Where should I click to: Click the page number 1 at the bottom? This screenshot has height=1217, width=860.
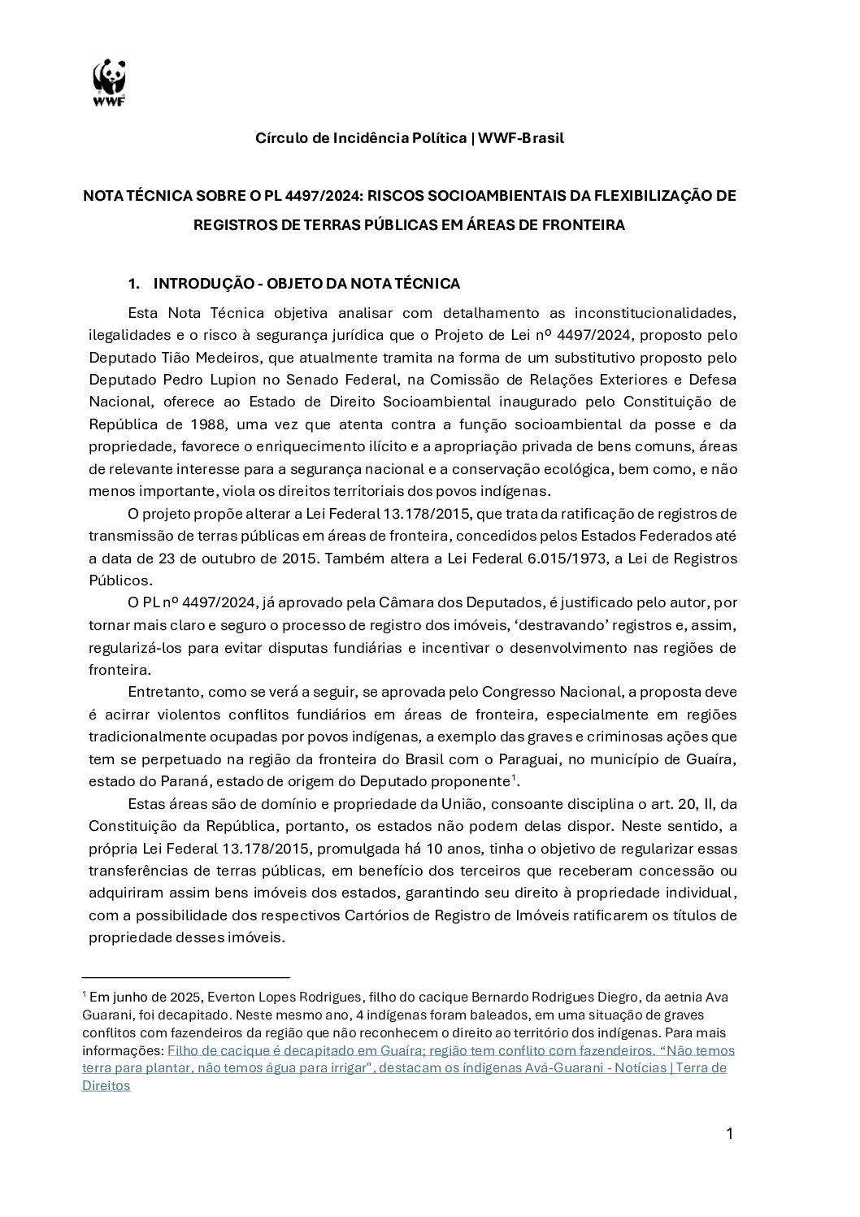(x=729, y=1133)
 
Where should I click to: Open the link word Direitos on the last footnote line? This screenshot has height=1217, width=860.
(x=106, y=1085)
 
